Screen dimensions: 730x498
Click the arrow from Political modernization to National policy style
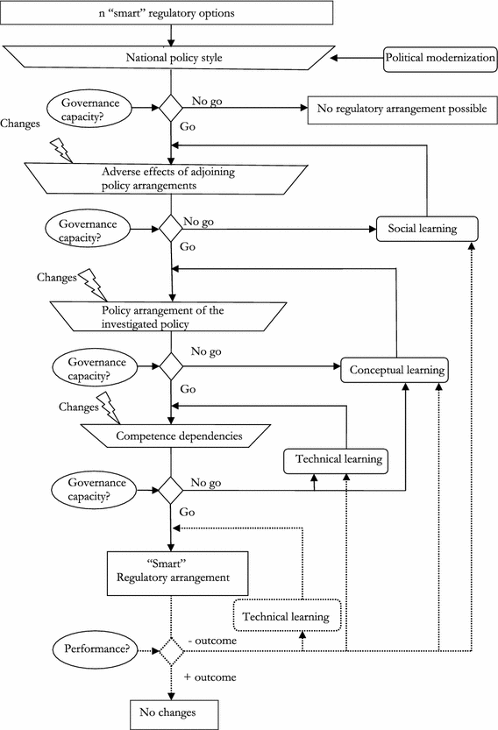[356, 60]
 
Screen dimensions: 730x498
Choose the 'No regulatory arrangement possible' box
[395, 109]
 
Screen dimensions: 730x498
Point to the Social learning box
[427, 228]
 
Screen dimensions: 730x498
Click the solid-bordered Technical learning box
[335, 458]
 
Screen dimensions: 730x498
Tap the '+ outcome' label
[211, 677]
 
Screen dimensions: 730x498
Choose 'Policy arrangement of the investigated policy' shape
[171, 316]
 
